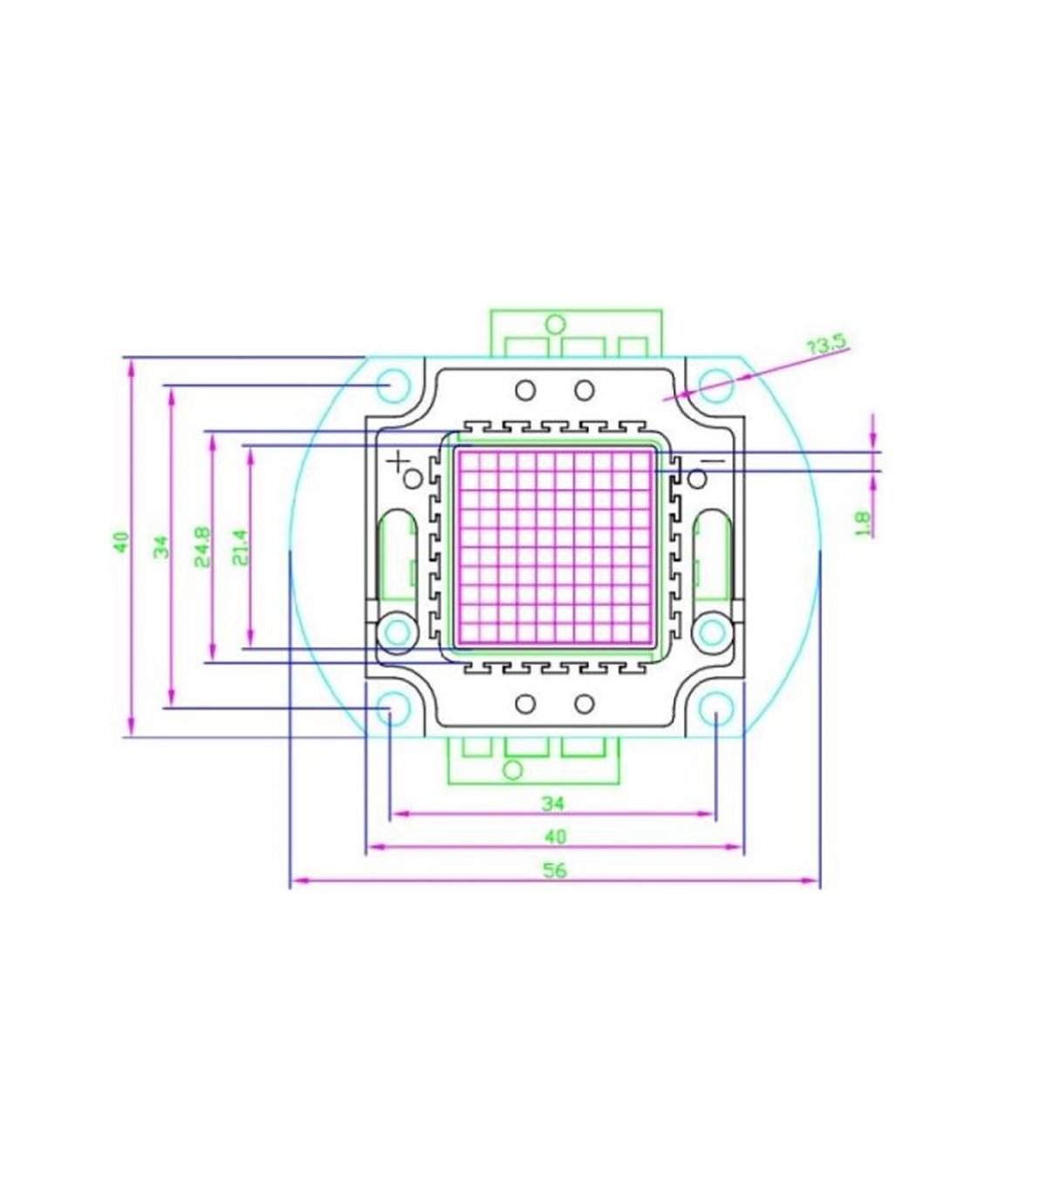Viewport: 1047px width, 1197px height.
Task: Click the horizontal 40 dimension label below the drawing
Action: point(555,837)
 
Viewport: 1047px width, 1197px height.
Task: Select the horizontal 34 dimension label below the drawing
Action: point(553,804)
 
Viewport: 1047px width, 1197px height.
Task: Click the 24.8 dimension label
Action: point(202,547)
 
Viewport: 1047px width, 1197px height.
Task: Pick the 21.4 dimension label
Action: point(241,547)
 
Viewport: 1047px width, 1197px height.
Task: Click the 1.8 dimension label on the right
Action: point(863,523)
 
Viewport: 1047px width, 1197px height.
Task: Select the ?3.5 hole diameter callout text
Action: point(827,345)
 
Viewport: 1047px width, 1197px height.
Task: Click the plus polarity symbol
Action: point(399,461)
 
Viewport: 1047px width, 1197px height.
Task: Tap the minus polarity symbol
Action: point(712,461)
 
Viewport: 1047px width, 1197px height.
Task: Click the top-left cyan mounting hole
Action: point(393,386)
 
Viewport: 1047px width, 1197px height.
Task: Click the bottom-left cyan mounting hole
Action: point(393,708)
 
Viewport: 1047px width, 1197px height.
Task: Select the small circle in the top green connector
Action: point(557,324)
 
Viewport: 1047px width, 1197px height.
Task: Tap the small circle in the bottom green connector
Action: point(513,770)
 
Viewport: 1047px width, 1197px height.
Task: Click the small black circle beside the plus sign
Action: point(414,479)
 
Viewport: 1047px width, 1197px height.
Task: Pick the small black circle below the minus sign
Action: point(697,479)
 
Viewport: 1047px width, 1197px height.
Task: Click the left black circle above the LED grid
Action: point(525,390)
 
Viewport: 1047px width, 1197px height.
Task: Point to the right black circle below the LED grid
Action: point(585,704)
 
